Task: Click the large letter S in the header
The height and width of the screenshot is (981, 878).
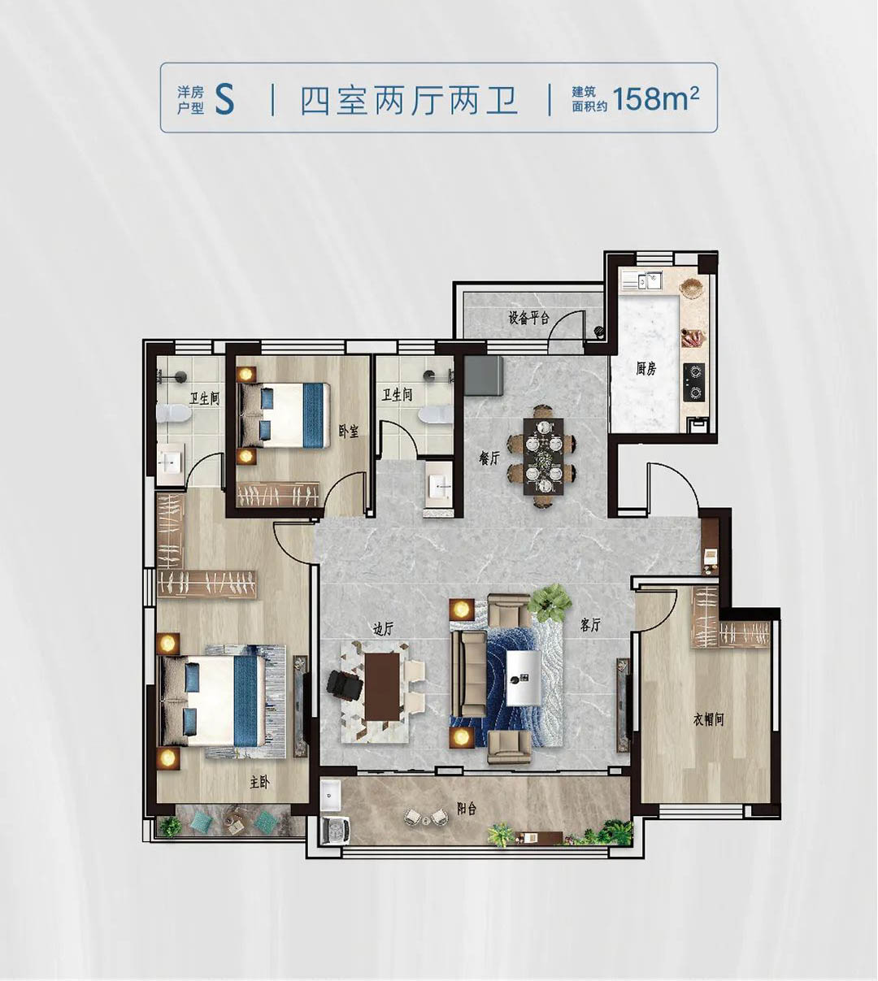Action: pos(225,99)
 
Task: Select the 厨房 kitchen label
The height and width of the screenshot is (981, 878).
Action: pos(646,368)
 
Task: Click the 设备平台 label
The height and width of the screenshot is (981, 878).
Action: pos(529,318)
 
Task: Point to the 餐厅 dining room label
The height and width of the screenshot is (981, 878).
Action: pos(489,458)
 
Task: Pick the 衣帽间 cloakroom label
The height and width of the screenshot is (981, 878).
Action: pos(709,719)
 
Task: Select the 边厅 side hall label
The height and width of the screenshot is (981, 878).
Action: pos(382,629)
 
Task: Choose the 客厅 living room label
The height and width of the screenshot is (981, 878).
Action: pos(590,625)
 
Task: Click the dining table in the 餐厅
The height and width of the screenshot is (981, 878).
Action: pos(543,457)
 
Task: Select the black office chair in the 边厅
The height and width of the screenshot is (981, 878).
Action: pos(345,684)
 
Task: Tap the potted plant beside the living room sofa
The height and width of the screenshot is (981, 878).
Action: pos(550,602)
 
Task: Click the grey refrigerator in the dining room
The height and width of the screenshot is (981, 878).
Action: pos(484,375)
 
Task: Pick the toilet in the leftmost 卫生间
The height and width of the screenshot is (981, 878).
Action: pos(173,414)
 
